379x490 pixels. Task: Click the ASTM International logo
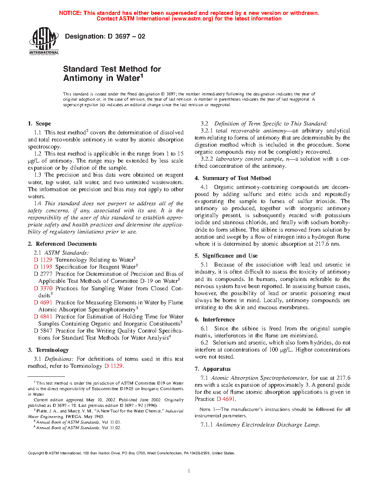(44, 41)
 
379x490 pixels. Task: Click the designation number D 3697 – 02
(126, 36)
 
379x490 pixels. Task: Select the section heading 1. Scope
(39, 124)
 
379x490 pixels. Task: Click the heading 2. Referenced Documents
(62, 244)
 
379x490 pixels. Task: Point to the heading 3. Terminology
(48, 350)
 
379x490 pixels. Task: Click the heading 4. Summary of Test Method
(233, 178)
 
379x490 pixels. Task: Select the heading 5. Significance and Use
(226, 256)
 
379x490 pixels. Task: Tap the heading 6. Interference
(215, 320)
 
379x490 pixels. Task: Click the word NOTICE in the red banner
(70, 13)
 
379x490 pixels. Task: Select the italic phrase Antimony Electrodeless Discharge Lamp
(268, 425)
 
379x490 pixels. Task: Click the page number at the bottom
(189, 471)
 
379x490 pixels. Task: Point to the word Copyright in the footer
(36, 453)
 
